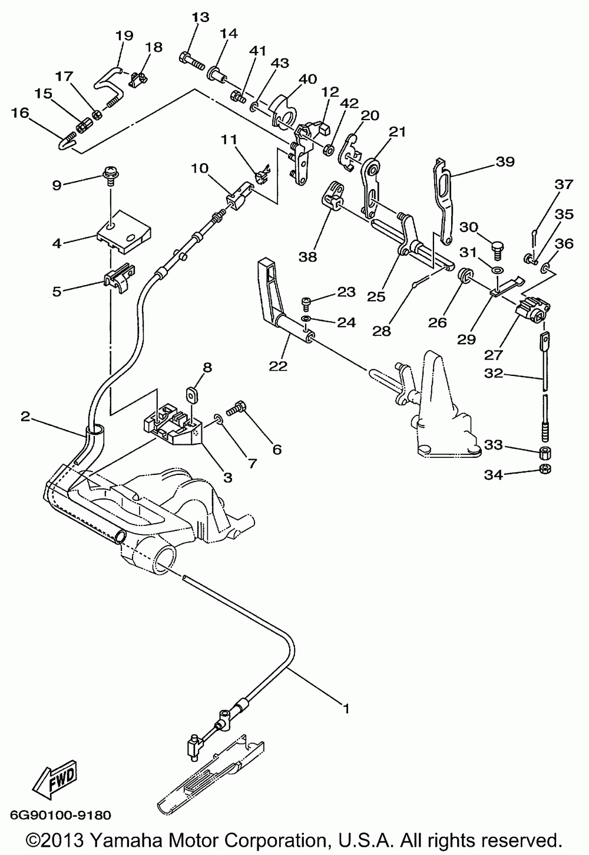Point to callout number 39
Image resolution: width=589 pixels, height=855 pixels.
(x=505, y=162)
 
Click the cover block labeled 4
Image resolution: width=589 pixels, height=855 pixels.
(x=123, y=232)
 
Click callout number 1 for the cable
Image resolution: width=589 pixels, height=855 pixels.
(x=346, y=709)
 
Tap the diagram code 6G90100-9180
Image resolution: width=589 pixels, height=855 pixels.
(x=61, y=816)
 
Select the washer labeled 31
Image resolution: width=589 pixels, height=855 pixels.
(x=497, y=270)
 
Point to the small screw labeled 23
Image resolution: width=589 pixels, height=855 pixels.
(x=306, y=304)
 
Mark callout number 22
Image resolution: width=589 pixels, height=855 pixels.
(x=278, y=366)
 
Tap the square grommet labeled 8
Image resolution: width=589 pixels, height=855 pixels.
(x=190, y=394)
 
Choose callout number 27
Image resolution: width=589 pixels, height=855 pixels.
(x=493, y=355)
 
